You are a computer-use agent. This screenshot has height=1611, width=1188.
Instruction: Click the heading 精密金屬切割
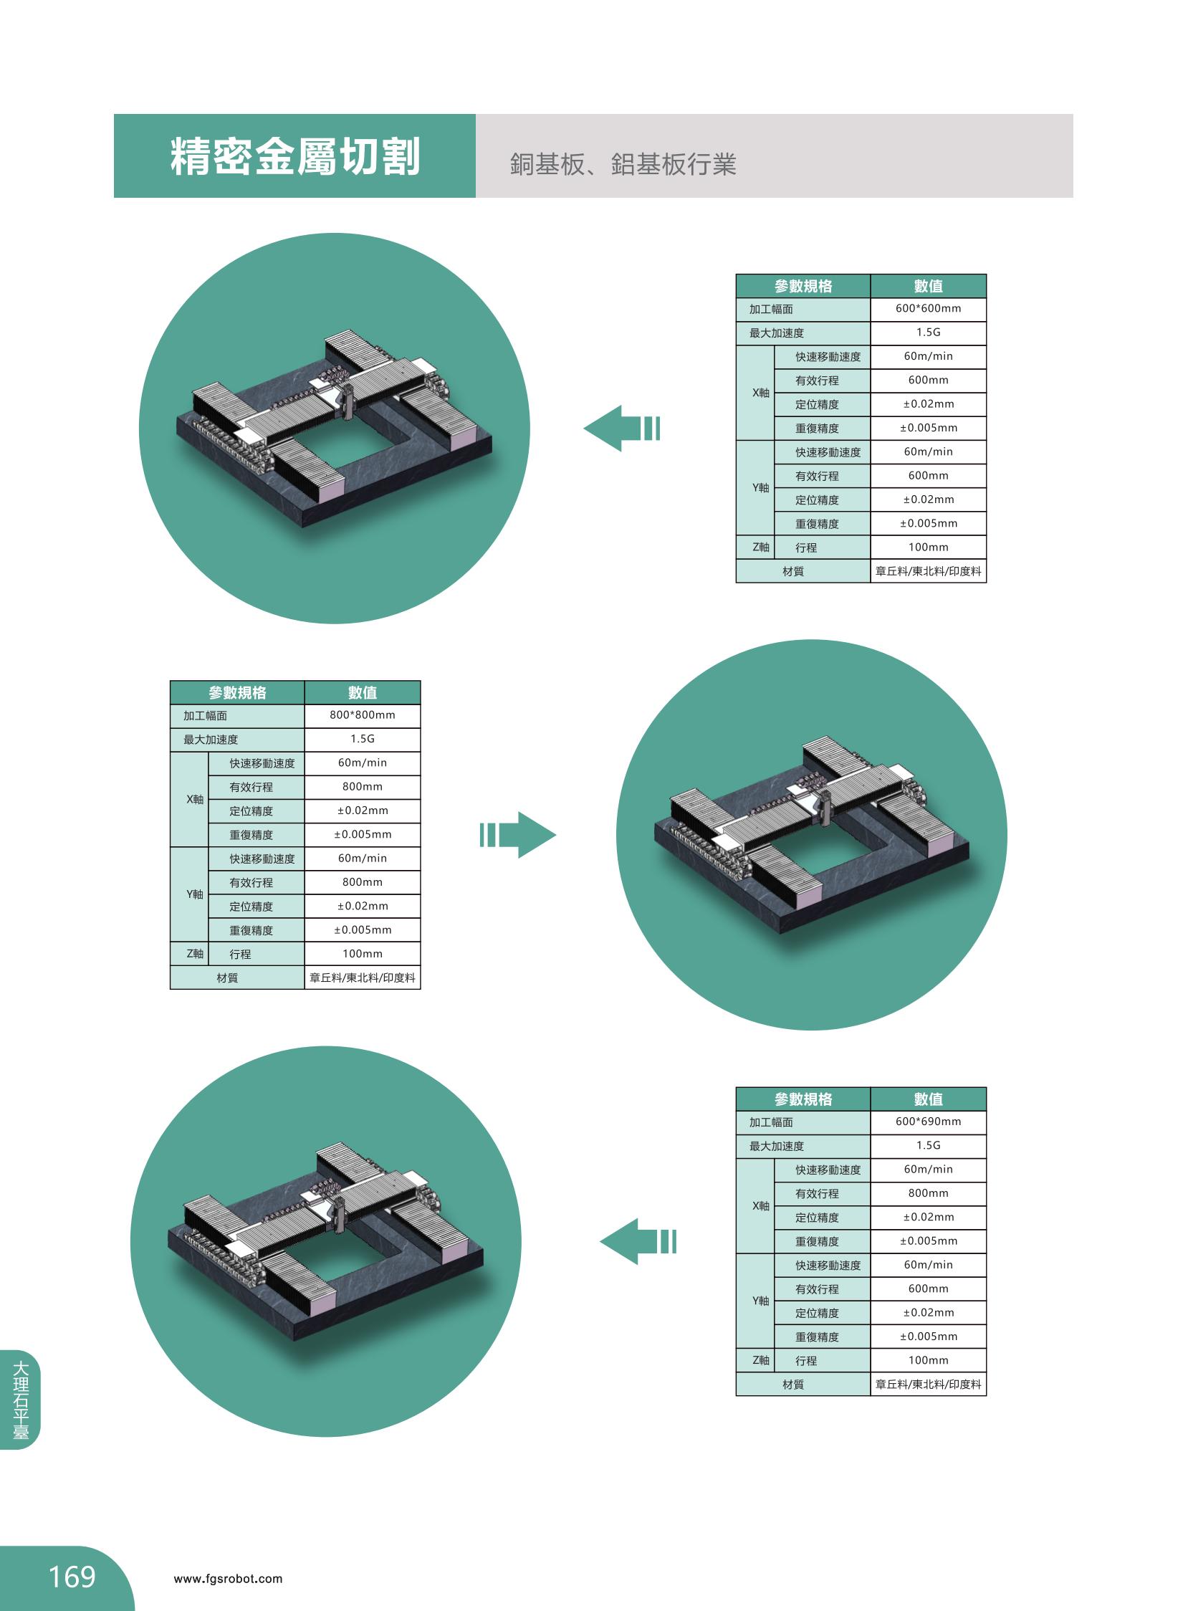294,156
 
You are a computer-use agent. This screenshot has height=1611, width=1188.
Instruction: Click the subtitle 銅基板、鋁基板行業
623,164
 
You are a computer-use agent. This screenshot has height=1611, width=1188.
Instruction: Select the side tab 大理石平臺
21,1399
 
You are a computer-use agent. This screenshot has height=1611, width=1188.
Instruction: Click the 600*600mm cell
928,309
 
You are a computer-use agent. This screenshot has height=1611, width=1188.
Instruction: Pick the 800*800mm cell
363,715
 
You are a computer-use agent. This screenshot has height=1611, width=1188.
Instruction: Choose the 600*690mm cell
928,1122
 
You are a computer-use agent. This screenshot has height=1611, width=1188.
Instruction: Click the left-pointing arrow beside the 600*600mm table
621,429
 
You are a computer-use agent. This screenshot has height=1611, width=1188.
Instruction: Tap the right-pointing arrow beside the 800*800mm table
518,835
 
